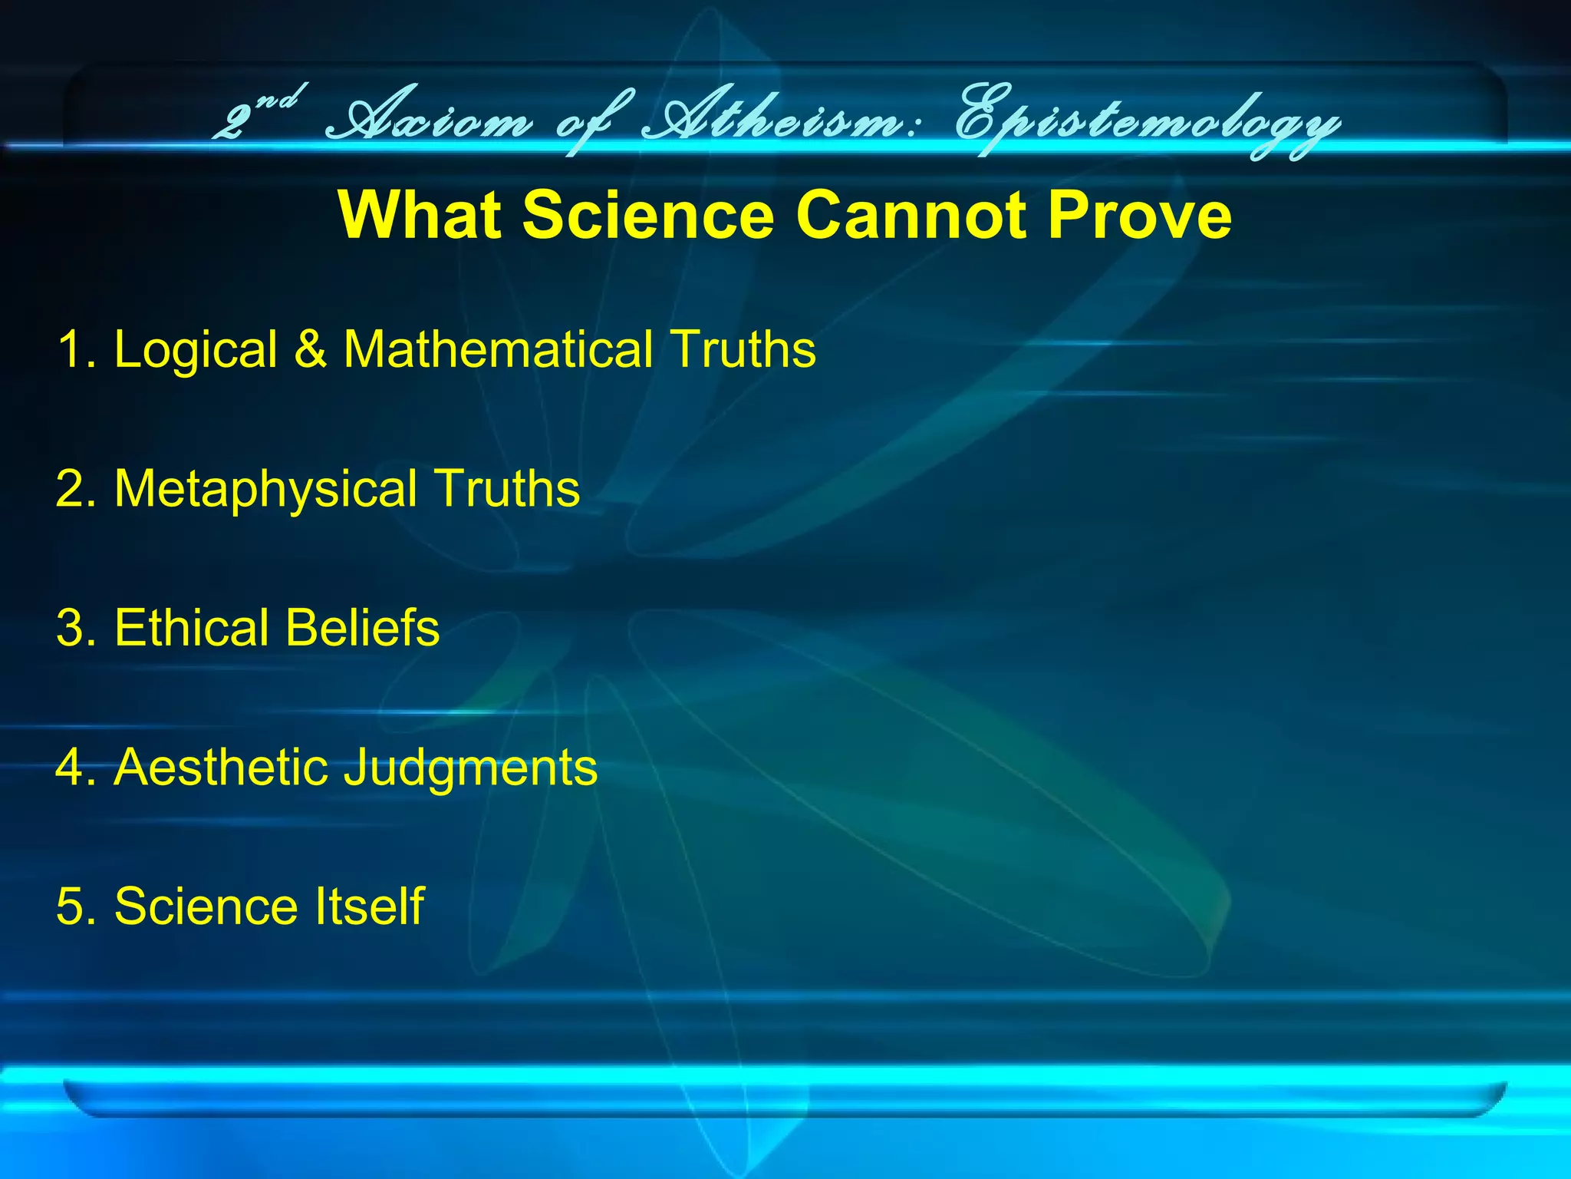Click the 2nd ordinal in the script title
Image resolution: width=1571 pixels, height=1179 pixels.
coord(257,115)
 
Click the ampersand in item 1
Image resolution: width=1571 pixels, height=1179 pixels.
coord(310,349)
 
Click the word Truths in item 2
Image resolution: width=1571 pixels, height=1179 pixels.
coord(507,488)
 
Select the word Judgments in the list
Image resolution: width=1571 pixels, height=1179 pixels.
coord(470,768)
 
